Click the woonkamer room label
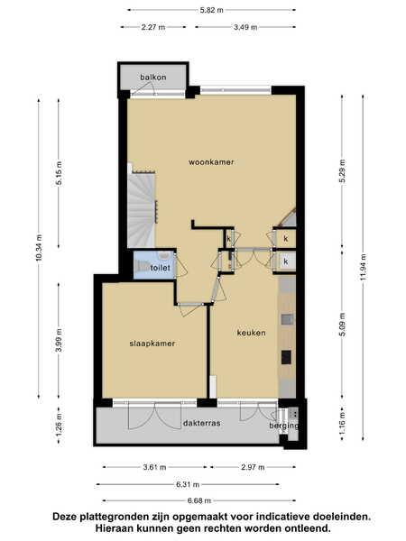(x=211, y=161)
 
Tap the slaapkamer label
(x=152, y=344)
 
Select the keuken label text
(x=252, y=333)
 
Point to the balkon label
(x=153, y=77)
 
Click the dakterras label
(x=201, y=423)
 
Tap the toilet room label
(x=161, y=268)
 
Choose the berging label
(x=284, y=426)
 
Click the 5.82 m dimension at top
(x=211, y=10)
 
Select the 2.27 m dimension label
(x=153, y=27)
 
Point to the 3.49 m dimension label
(x=245, y=27)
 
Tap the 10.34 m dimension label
(x=39, y=247)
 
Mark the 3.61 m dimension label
(x=154, y=467)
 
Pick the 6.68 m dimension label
(x=198, y=500)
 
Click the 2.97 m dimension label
(x=253, y=467)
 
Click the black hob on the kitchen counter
(x=286, y=357)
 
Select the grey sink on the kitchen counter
(x=287, y=319)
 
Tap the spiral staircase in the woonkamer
(x=142, y=210)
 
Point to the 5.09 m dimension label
(x=342, y=325)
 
